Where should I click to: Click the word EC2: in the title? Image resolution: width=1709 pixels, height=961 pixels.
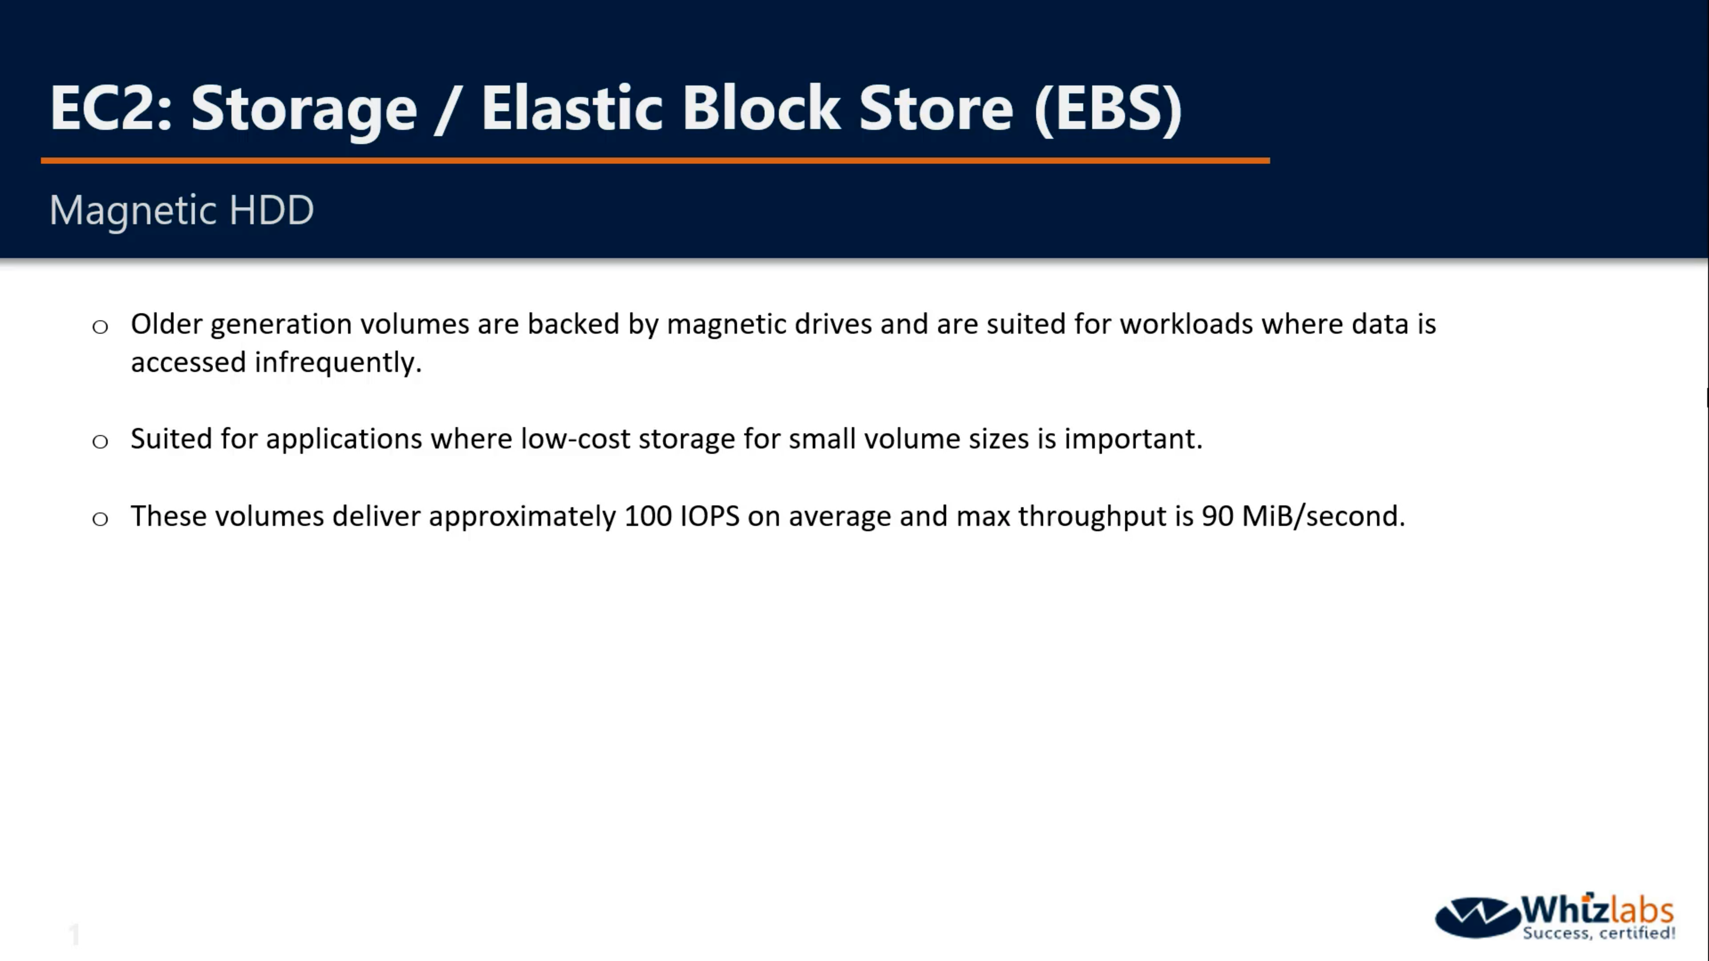pos(111,108)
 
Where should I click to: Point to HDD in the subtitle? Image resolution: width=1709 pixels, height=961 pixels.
pos(271,210)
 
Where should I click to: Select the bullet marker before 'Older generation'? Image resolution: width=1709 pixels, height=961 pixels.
pos(100,326)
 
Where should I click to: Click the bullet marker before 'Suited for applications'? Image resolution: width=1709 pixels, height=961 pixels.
pos(100,441)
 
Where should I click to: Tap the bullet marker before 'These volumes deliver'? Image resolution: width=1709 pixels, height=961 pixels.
pos(100,519)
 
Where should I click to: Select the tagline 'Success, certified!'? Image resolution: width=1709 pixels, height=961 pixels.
pos(1599,933)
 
